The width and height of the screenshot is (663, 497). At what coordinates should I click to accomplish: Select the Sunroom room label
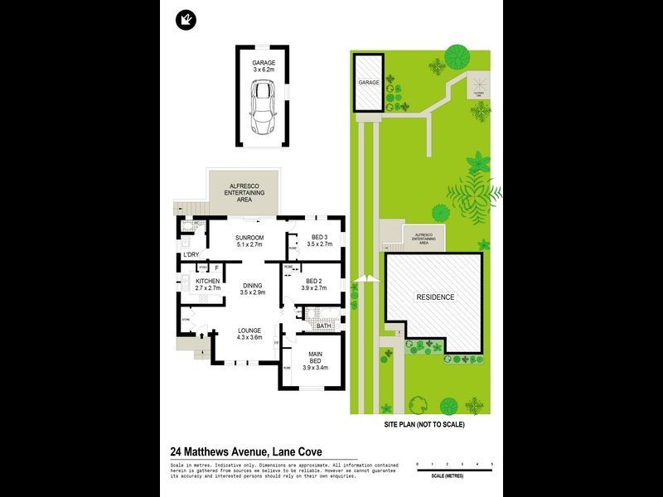[x=249, y=241]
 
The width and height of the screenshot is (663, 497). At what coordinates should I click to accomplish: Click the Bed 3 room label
[x=319, y=241]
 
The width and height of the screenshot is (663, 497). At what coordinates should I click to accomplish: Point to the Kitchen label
[x=207, y=286]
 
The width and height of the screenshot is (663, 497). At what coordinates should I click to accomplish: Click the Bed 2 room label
[x=317, y=284]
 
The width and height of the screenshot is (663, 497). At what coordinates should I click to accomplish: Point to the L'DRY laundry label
[x=191, y=255]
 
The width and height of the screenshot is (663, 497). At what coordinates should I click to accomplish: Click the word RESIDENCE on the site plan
[x=434, y=297]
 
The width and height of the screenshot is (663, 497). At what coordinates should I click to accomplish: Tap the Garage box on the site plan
[x=368, y=83]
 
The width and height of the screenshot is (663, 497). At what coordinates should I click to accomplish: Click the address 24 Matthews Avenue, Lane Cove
[x=245, y=451]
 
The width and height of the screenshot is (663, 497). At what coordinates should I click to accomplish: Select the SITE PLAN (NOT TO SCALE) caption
[x=424, y=424]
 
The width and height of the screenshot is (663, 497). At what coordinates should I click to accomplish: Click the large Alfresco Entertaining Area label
[x=244, y=192]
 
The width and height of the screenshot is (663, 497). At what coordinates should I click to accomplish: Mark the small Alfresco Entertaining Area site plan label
[x=423, y=239]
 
